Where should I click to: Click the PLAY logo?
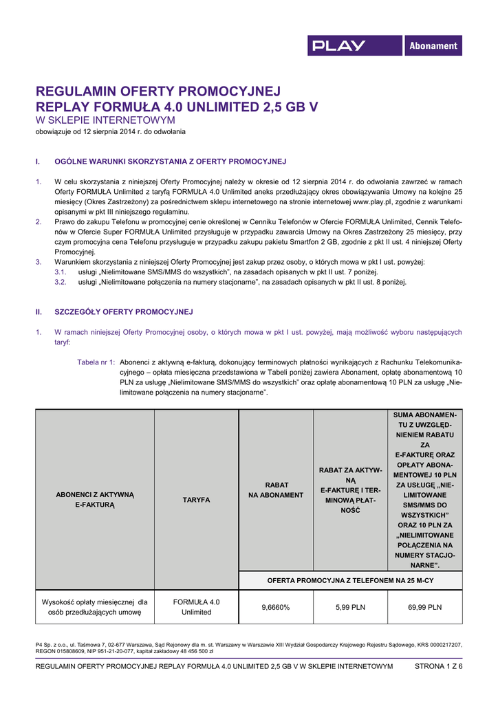(339, 46)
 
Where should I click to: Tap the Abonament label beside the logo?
(433, 46)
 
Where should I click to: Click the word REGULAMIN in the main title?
(77, 91)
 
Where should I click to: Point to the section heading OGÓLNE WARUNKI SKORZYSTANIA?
(170, 162)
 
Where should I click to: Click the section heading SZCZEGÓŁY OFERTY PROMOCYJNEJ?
(124, 311)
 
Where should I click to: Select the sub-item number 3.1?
(61, 272)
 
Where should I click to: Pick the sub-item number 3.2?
(61, 282)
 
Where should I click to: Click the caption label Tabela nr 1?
(96, 362)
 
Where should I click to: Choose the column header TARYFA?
(196, 500)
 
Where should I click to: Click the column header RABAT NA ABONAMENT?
(276, 489)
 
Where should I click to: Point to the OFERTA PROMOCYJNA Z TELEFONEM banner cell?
(350, 581)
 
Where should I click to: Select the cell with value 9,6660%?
(276, 607)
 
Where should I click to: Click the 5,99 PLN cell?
(350, 607)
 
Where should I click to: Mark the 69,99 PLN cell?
(425, 607)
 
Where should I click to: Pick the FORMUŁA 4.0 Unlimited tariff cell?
(196, 607)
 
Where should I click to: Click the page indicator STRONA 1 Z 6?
(438, 666)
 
